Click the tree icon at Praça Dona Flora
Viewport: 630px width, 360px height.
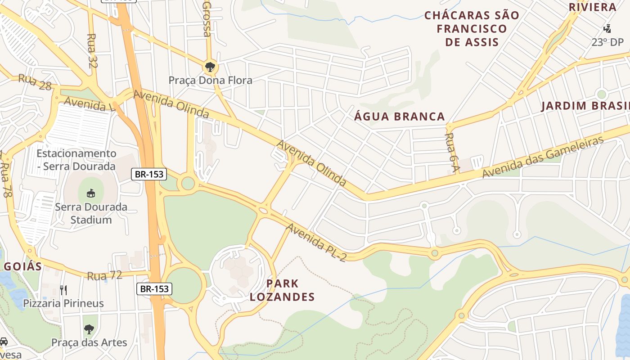pyautogui.click(x=209, y=67)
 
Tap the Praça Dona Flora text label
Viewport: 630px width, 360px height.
pyautogui.click(x=210, y=81)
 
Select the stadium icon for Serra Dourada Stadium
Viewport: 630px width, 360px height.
pyautogui.click(x=90, y=193)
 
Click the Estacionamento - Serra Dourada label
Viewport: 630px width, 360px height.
pyautogui.click(x=76, y=160)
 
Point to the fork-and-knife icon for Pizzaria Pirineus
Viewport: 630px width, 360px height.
pyautogui.click(x=63, y=290)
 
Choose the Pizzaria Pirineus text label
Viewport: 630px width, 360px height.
pyautogui.click(x=63, y=303)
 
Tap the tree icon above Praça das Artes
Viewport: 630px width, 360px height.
pyautogui.click(x=89, y=329)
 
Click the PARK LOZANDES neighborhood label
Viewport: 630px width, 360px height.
pyautogui.click(x=282, y=290)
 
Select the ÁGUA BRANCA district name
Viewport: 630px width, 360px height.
pyautogui.click(x=400, y=117)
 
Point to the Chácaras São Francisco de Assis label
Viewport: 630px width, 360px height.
pyautogui.click(x=472, y=29)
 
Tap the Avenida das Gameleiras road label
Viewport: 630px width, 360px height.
pyautogui.click(x=543, y=157)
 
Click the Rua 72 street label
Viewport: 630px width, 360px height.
pyautogui.click(x=105, y=275)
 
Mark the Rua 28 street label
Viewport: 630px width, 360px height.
pyautogui.click(x=35, y=82)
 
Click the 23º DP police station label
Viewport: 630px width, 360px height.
pyautogui.click(x=606, y=42)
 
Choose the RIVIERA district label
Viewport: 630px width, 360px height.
pyautogui.click(x=593, y=7)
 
